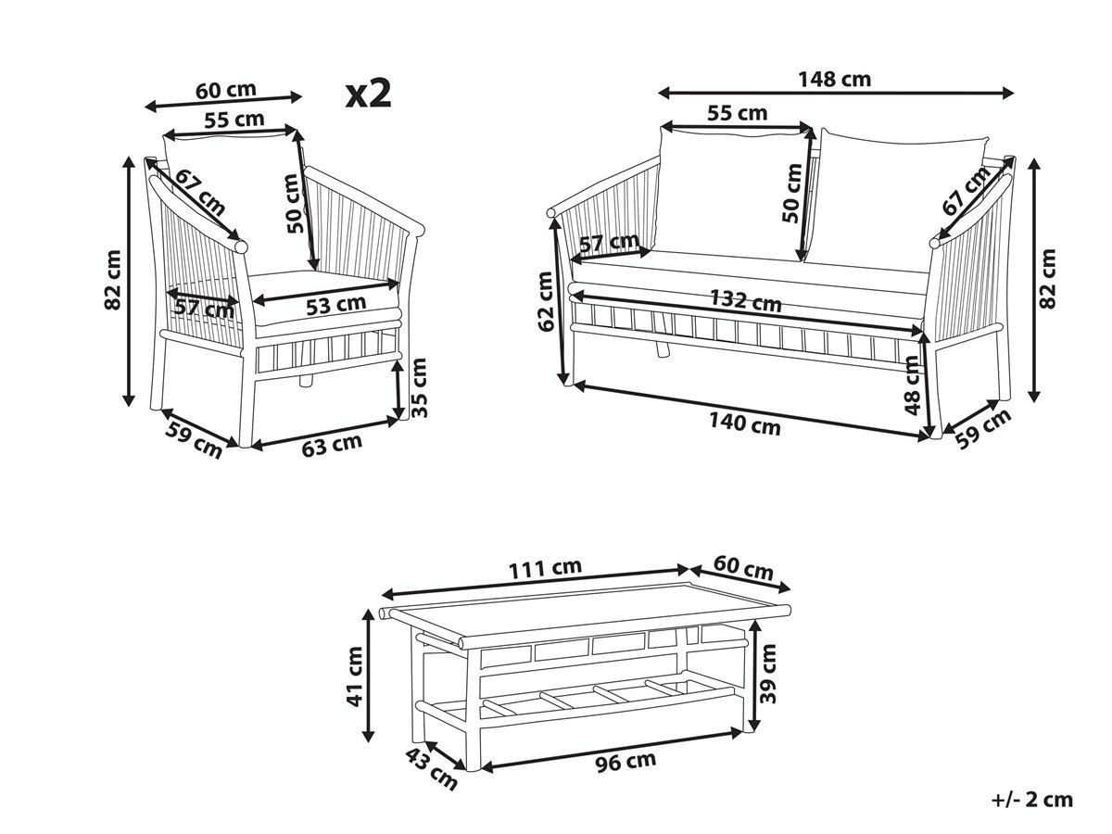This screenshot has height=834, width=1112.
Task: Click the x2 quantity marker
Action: click(368, 95)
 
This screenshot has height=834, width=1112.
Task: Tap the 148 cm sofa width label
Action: click(834, 80)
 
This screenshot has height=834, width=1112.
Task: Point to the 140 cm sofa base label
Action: click(744, 423)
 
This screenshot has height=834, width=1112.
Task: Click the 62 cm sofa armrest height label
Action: click(546, 301)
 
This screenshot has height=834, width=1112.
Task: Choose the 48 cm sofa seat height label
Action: click(911, 385)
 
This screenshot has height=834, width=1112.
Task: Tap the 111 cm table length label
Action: click(545, 568)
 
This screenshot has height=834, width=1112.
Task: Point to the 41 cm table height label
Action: click(354, 676)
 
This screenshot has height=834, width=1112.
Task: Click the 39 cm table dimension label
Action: click(768, 674)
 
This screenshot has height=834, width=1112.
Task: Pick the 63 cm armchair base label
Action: click(332, 445)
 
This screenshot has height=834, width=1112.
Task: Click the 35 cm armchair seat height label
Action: click(420, 388)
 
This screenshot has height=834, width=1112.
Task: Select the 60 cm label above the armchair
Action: click(226, 90)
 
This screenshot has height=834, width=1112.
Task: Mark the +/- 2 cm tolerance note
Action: click(1032, 800)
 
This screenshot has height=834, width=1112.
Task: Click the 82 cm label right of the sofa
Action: click(1046, 279)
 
